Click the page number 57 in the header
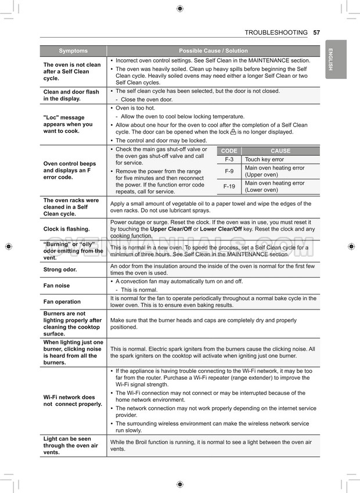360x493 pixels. click(316, 33)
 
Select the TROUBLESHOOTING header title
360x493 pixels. click(276, 33)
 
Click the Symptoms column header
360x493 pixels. click(73, 51)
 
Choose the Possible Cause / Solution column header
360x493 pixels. click(213, 51)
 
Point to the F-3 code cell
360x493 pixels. click(229, 159)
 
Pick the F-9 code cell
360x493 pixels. click(229, 171)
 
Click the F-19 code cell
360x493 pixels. click(229, 186)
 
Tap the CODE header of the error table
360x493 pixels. click(229, 151)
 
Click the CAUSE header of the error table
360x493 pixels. click(280, 151)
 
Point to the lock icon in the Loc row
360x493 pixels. click(233, 132)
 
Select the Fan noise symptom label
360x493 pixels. click(56, 286)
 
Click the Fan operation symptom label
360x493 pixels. click(62, 301)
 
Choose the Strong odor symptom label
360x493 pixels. click(60, 269)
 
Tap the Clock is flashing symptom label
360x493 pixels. click(66, 229)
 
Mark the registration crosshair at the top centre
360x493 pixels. click(180, 8)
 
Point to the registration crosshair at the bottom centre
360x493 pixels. click(180, 484)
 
